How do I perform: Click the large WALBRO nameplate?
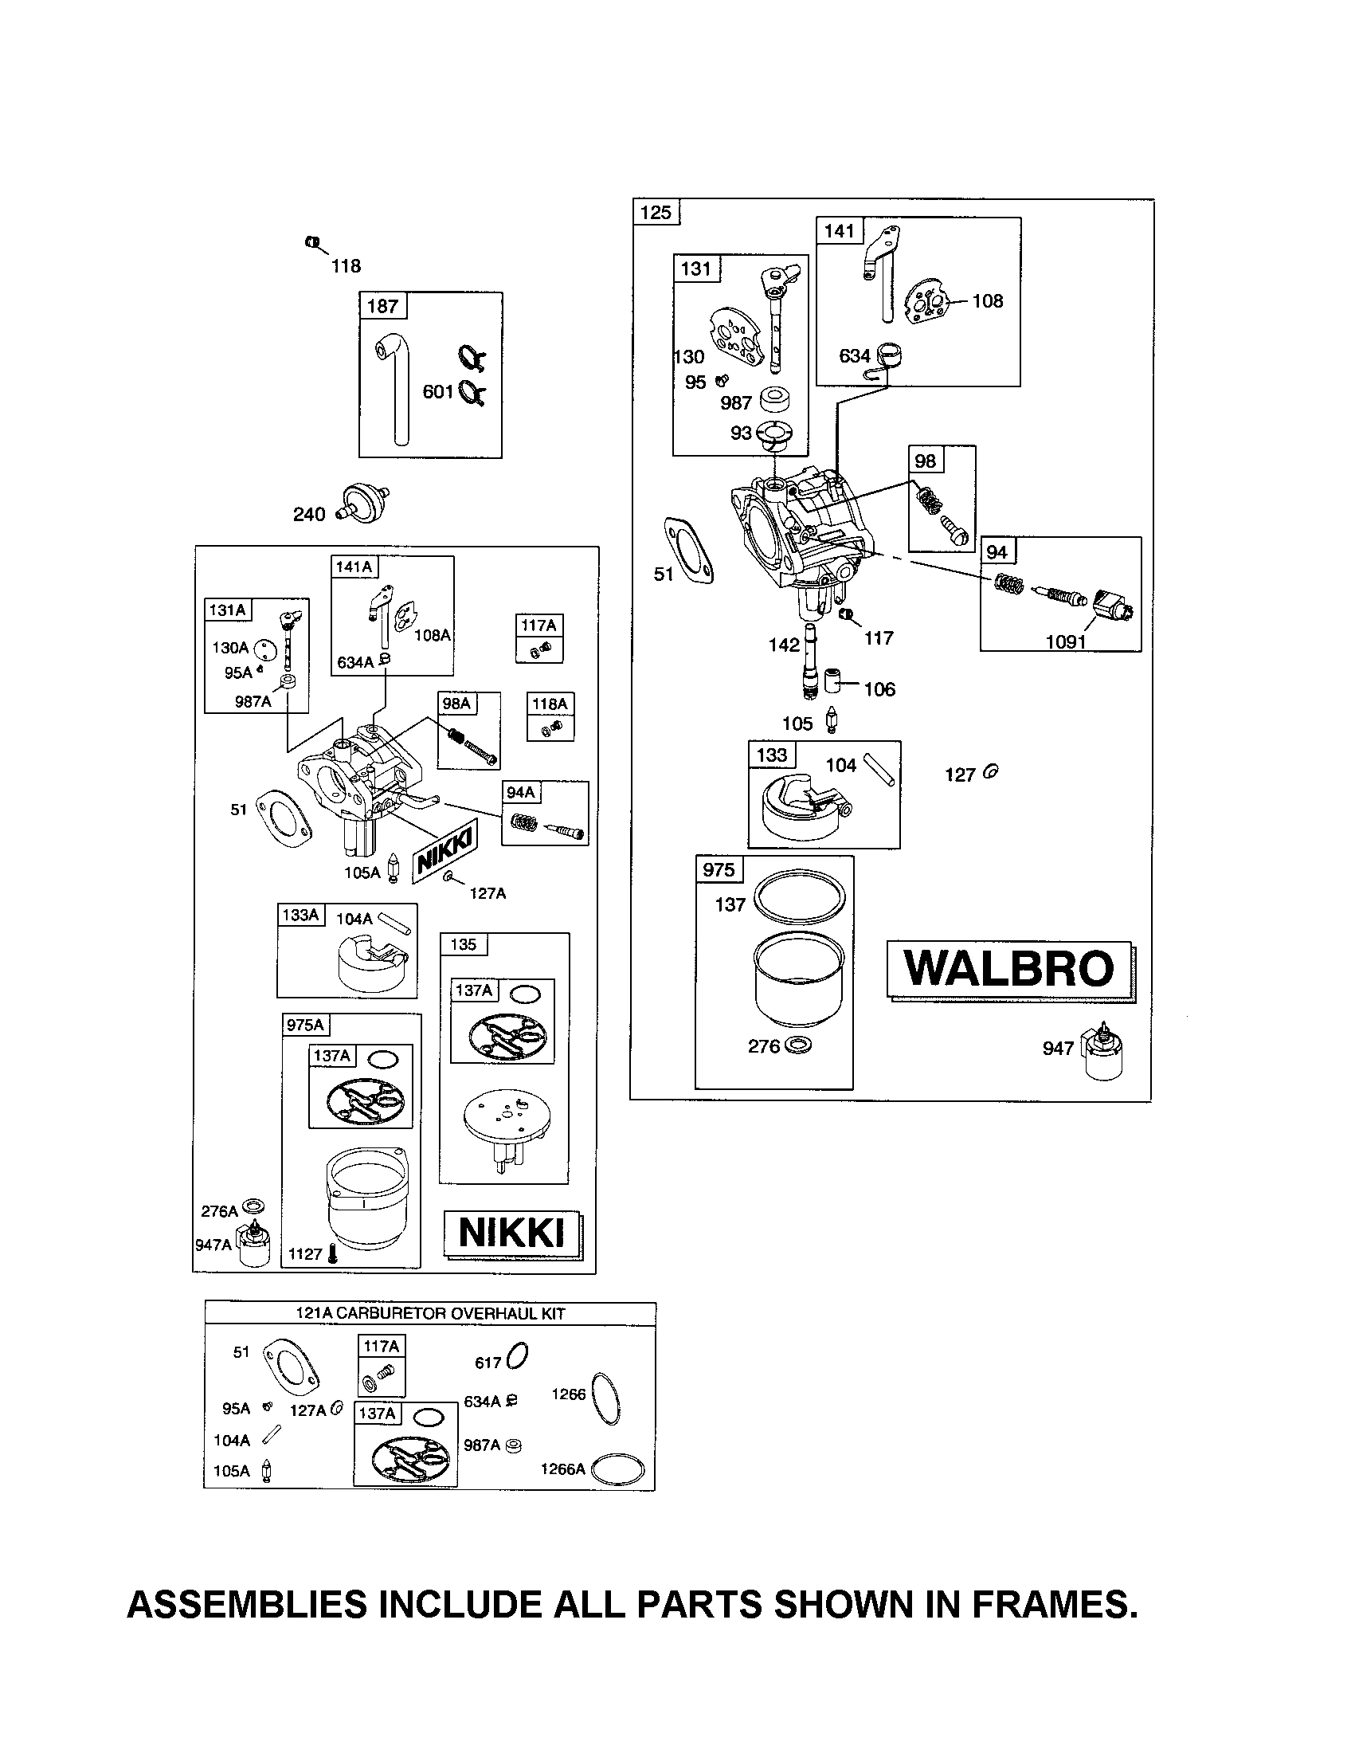pyautogui.click(x=1010, y=969)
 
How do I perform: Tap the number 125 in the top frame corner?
pyautogui.click(x=656, y=213)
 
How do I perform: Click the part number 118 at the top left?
pyautogui.click(x=346, y=265)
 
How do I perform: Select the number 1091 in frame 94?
pyautogui.click(x=1065, y=642)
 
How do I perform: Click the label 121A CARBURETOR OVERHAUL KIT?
pyautogui.click(x=430, y=1314)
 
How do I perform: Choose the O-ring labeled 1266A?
pyautogui.click(x=617, y=1469)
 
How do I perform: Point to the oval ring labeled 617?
pyautogui.click(x=519, y=1356)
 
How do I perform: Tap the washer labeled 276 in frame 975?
pyautogui.click(x=799, y=1046)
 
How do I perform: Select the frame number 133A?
pyautogui.click(x=301, y=915)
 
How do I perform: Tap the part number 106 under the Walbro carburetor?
pyautogui.click(x=879, y=689)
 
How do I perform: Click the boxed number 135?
pyautogui.click(x=464, y=945)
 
